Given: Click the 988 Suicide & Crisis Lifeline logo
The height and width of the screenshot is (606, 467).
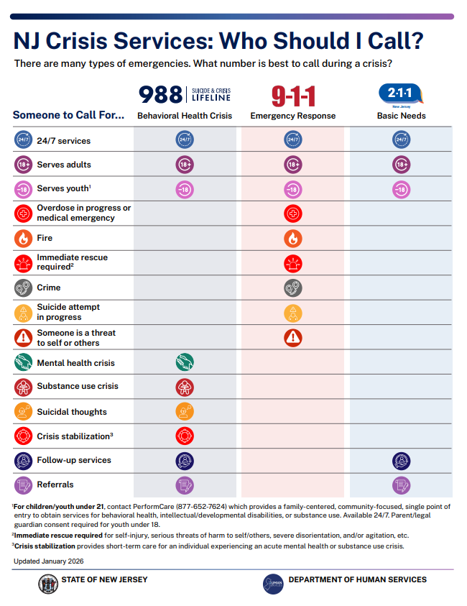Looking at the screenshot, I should [x=185, y=94].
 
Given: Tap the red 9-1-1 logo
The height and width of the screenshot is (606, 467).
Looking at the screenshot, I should [x=293, y=96].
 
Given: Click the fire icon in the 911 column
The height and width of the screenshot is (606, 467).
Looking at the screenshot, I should [x=293, y=238].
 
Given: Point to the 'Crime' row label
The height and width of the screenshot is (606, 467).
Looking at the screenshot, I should [x=49, y=287].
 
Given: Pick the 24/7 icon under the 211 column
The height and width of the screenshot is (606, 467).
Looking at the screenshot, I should [x=401, y=140].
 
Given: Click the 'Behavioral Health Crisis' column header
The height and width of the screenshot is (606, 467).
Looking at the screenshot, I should [x=185, y=116].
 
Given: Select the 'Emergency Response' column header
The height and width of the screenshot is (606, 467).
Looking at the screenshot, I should [x=293, y=116].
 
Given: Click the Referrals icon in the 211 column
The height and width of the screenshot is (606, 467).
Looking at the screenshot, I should [x=401, y=485].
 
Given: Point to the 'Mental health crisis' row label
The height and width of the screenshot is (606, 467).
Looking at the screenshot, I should [x=75, y=363].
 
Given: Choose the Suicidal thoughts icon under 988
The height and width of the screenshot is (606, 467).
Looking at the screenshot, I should [x=185, y=411].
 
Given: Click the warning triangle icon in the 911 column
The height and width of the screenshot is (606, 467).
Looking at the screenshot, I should [x=293, y=336].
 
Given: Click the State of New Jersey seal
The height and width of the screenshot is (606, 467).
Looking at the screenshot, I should [x=48, y=582].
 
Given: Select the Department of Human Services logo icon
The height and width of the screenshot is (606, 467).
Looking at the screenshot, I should [x=273, y=583].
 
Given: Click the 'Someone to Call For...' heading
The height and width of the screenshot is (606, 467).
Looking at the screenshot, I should [x=68, y=115].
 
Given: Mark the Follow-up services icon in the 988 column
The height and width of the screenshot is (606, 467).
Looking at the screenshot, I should [x=185, y=461].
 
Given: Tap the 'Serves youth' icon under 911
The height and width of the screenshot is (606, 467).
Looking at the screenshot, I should [x=293, y=189].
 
